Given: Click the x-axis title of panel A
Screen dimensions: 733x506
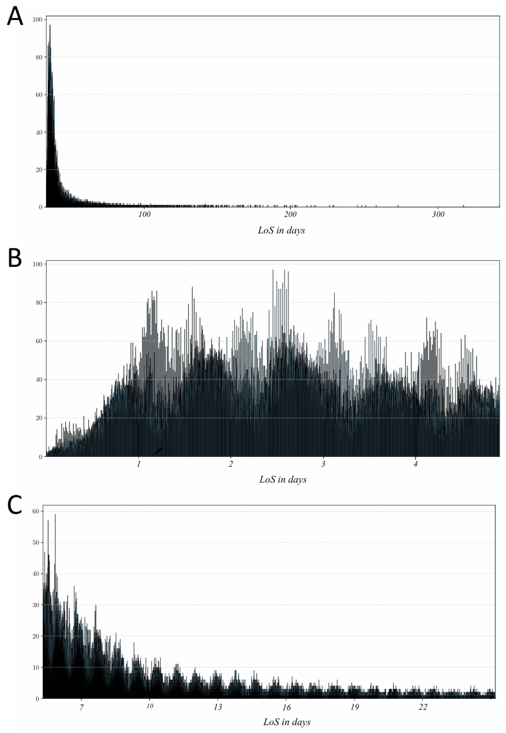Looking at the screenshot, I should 281,230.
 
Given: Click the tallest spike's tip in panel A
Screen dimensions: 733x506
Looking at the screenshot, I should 50,25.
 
